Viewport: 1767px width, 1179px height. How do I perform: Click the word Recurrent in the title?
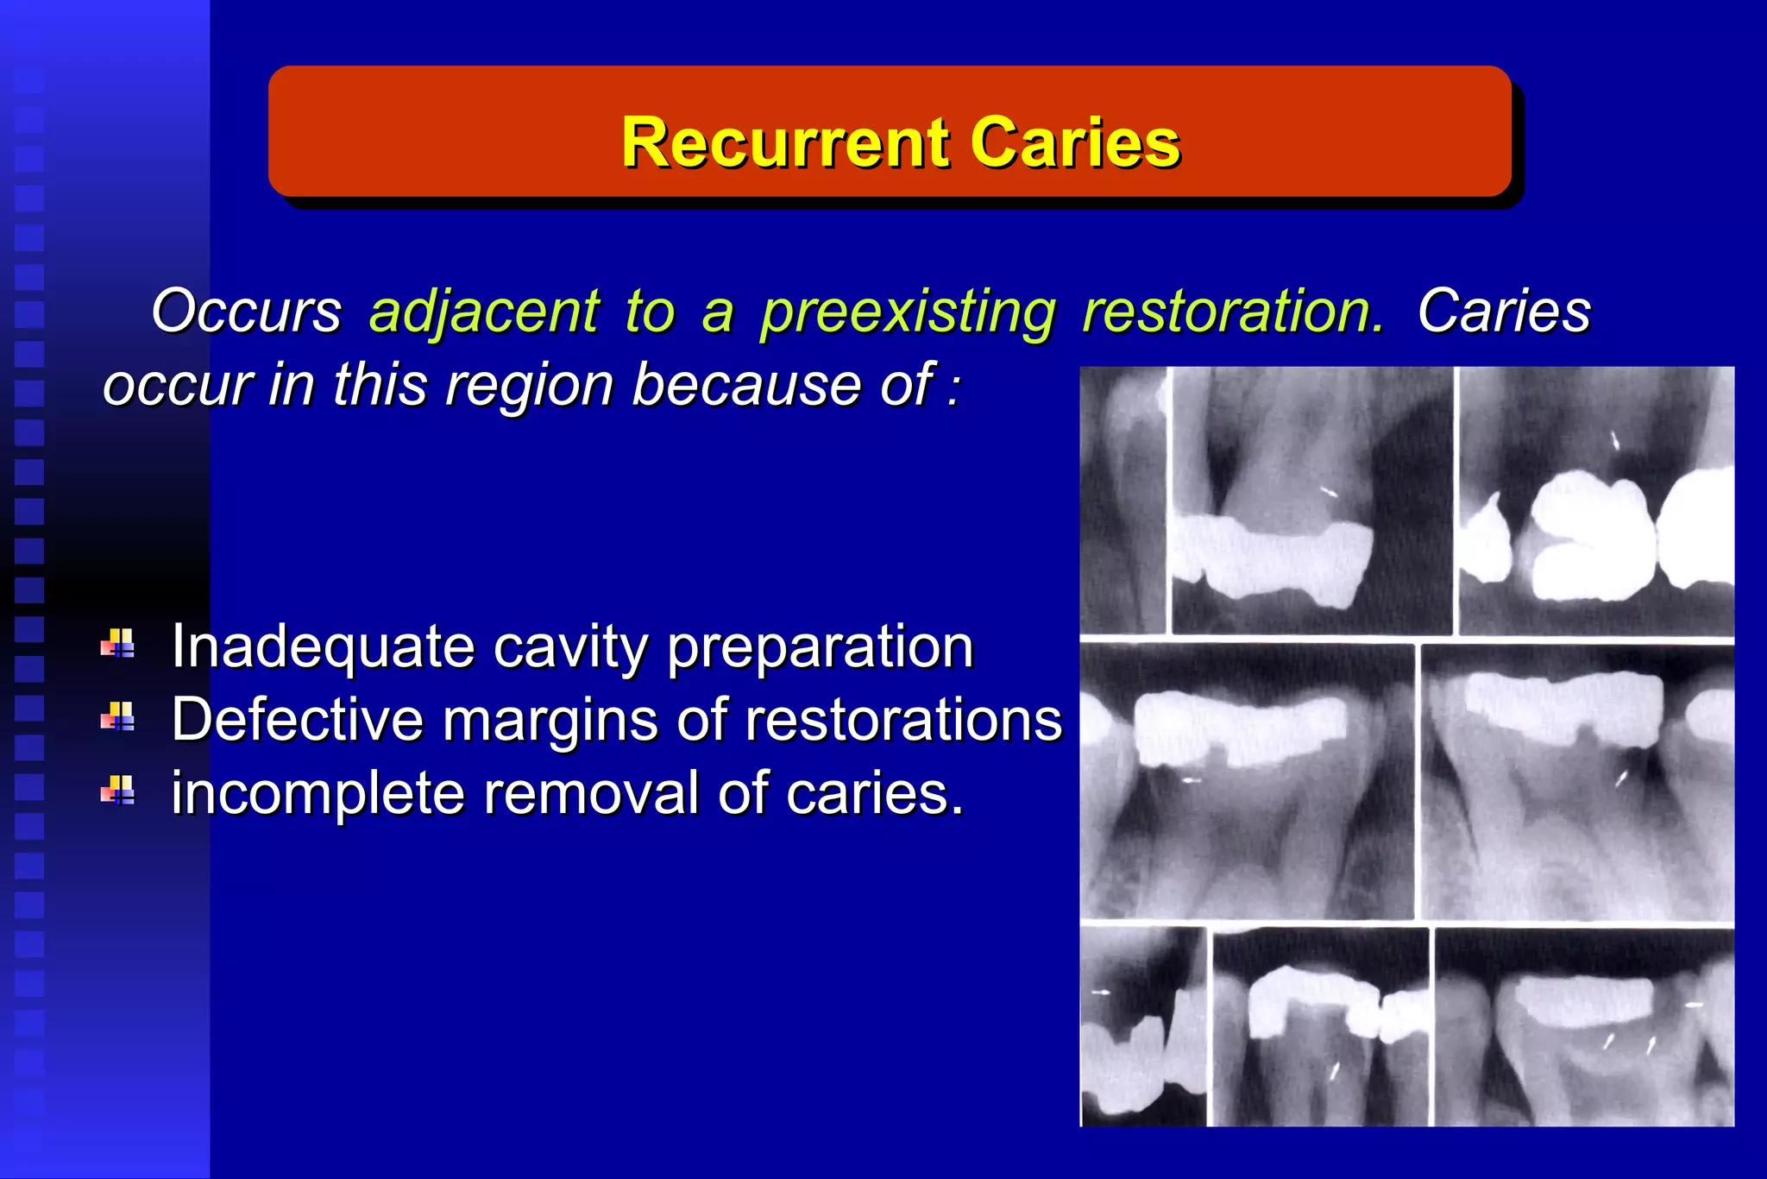783,142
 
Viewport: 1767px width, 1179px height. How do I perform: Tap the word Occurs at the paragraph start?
247,311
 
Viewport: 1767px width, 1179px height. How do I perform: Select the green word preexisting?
908,311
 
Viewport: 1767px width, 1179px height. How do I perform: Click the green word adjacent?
484,311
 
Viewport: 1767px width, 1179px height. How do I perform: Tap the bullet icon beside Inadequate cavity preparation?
118,644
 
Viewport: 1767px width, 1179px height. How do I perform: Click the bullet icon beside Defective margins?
118,716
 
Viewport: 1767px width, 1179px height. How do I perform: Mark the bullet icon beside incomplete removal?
118,790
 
